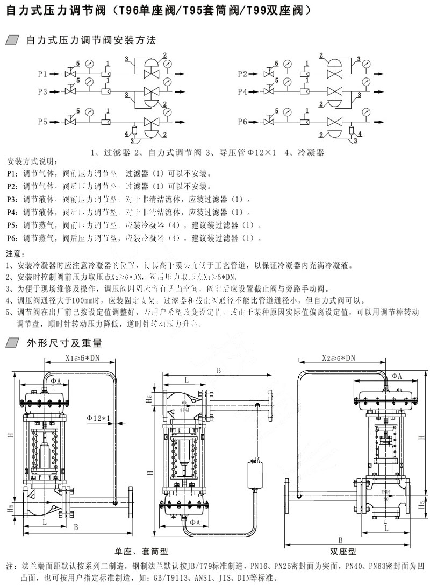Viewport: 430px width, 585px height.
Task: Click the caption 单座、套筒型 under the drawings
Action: tap(141, 552)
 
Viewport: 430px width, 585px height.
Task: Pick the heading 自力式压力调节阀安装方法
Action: tap(87, 40)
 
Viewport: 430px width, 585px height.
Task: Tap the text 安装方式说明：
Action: tap(32, 161)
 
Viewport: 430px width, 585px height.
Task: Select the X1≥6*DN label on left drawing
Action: tap(82, 358)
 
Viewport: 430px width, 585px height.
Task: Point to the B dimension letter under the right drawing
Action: tap(341, 540)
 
